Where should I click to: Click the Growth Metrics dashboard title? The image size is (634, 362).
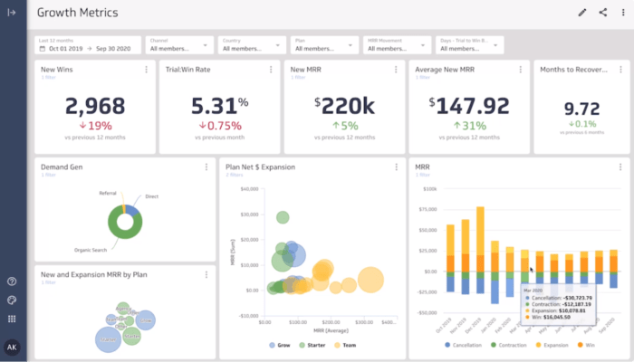pyautogui.click(x=77, y=13)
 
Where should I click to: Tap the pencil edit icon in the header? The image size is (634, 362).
pyautogui.click(x=582, y=13)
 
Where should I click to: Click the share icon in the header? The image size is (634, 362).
pyautogui.click(x=602, y=13)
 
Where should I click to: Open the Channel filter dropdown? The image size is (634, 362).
pyautogui.click(x=178, y=44)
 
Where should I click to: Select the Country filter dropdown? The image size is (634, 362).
pyautogui.click(x=251, y=44)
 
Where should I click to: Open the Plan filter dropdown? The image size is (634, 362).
pyautogui.click(x=323, y=44)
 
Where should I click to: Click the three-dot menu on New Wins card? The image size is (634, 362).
pyautogui.click(x=146, y=70)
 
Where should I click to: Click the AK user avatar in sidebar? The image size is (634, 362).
pyautogui.click(x=12, y=347)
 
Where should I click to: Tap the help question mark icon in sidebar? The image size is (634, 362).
pyautogui.click(x=12, y=281)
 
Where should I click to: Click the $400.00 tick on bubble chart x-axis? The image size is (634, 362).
pyautogui.click(x=364, y=321)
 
